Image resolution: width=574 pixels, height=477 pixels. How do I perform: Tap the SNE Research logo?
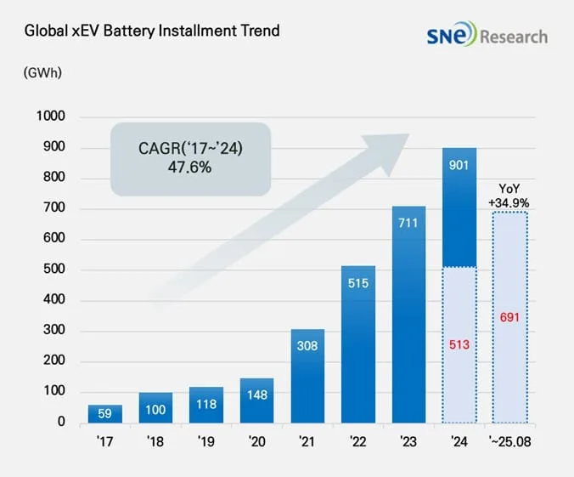487,36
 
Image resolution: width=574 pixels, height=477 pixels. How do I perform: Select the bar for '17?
105,413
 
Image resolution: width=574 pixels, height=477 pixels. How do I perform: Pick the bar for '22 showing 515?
358,344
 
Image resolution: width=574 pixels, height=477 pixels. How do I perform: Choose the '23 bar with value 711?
408,315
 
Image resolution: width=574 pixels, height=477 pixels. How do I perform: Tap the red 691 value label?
510,318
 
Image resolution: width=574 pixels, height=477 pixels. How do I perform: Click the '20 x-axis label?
256,443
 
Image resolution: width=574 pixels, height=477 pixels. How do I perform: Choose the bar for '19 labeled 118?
206,405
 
